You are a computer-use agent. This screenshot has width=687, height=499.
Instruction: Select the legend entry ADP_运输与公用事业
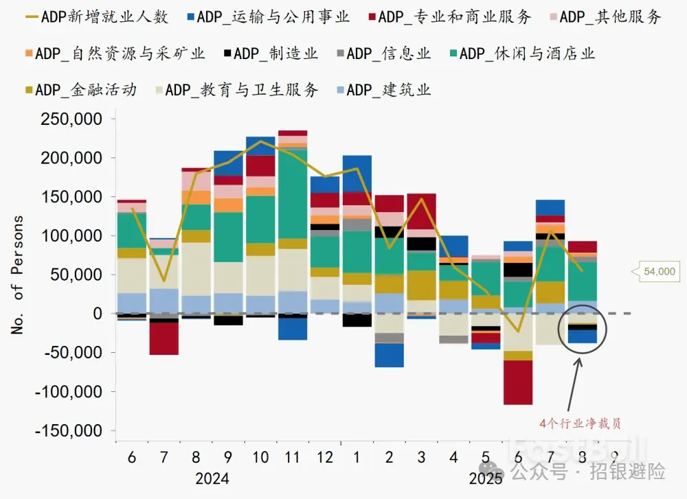[x=265, y=17]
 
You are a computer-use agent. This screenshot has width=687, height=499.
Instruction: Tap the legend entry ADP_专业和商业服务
[x=447, y=17]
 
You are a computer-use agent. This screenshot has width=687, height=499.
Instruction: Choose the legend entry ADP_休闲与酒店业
[x=518, y=54]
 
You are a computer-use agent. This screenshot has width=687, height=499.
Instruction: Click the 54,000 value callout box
[x=659, y=272]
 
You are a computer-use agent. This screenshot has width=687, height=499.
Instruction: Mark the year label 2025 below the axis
[x=486, y=478]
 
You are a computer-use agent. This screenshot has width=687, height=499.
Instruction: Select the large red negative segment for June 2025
[x=518, y=382]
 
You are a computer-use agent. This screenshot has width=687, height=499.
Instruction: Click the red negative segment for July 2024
[x=164, y=338]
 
